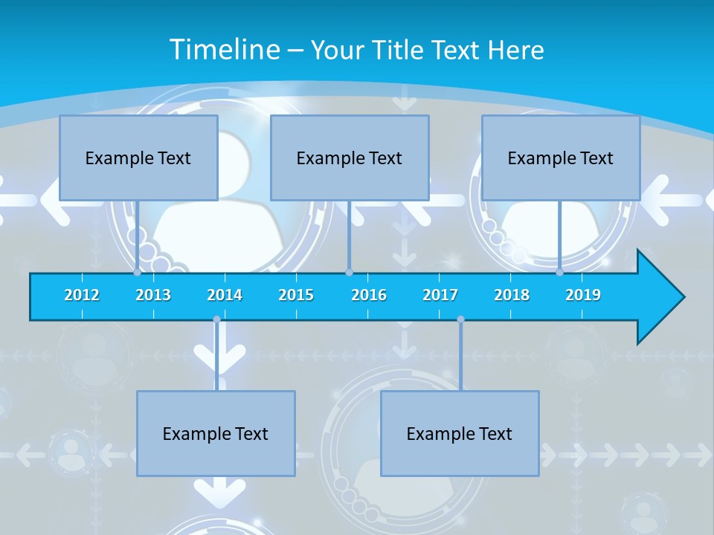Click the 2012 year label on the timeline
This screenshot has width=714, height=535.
tap(82, 295)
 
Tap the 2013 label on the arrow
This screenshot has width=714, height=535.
tap(153, 295)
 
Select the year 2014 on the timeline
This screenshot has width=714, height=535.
tap(225, 295)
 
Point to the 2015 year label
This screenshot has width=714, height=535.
tap(296, 295)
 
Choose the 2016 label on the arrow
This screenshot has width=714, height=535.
tap(369, 295)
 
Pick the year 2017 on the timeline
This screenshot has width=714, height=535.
tap(440, 295)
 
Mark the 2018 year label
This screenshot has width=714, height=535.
tap(512, 295)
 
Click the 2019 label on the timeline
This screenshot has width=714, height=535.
tap(583, 295)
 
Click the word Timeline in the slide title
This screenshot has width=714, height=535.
tap(223, 49)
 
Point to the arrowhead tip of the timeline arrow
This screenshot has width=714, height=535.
tap(683, 297)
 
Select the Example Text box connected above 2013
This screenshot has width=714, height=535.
tap(138, 158)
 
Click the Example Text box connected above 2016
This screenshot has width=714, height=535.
tap(350, 158)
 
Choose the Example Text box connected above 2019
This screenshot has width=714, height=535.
tap(561, 158)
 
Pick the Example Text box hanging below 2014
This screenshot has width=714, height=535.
tap(216, 433)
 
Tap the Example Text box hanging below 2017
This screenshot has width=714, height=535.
tap(460, 433)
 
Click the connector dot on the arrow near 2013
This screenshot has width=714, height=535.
tap(138, 273)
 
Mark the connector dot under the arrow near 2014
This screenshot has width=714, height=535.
tap(216, 320)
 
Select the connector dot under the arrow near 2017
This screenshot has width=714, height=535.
tap(460, 320)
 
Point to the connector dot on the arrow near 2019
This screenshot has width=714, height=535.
tap(560, 273)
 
